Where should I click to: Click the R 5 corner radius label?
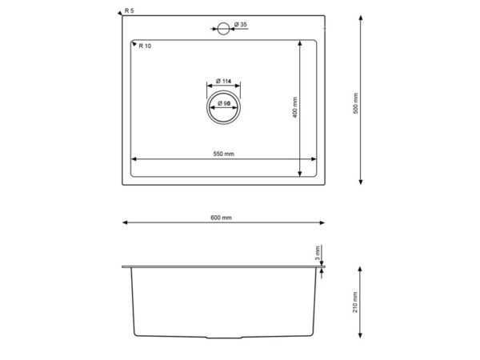point(129,10)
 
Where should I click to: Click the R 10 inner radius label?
point(145,46)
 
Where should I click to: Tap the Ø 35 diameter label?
point(241,25)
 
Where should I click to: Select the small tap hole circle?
point(223,29)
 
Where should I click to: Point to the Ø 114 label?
point(223,81)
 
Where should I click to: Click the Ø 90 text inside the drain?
point(224,103)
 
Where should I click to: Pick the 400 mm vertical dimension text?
point(294,107)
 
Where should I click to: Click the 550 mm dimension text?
point(224,154)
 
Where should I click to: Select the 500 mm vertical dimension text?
point(355,103)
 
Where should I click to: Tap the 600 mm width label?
point(221,218)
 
